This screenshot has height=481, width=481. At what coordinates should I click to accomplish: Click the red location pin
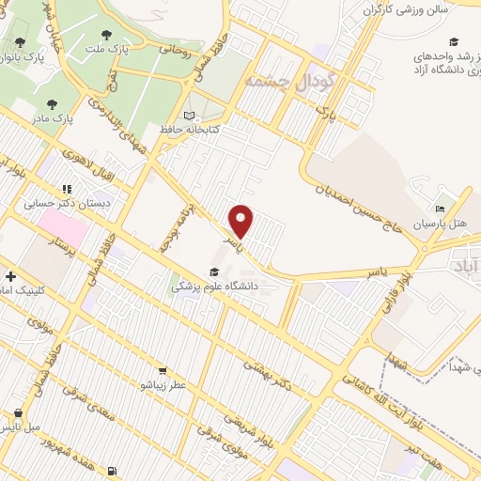[x=242, y=221]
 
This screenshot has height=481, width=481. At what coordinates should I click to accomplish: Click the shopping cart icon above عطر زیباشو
[x=163, y=370]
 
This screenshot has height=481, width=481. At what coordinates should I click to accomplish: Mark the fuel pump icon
[x=114, y=471]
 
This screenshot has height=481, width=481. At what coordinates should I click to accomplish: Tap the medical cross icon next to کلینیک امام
[x=10, y=276]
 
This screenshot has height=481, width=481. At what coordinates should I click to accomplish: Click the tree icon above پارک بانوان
[x=21, y=43]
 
